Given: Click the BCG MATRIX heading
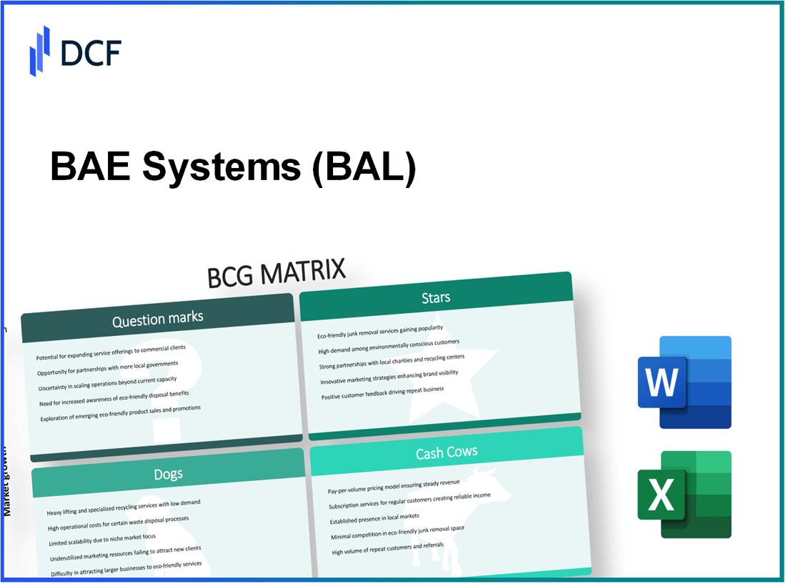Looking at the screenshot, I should pos(277,272).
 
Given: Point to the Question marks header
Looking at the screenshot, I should pos(157,317).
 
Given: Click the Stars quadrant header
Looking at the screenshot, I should pos(435,297).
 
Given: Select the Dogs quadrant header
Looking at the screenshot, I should pos(168,473).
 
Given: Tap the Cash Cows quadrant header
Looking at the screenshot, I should pos(447,452).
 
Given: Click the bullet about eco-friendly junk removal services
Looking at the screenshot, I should pos(380,332).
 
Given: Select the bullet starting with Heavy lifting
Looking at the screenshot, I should pos(124,508).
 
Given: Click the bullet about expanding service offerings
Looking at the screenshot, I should pos(110,352).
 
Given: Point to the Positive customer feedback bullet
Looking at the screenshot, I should pos(382,393).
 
